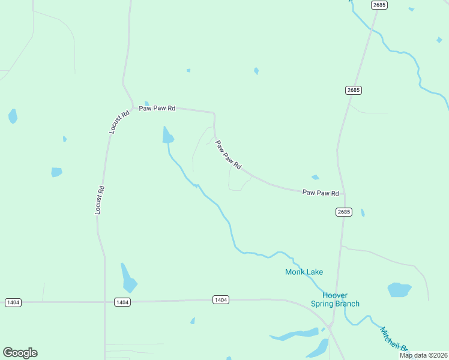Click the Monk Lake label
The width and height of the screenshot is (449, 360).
pyautogui.click(x=304, y=272)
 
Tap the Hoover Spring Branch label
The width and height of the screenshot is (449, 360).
pyautogui.click(x=335, y=299)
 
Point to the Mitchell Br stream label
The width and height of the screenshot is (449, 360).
pyautogui.click(x=393, y=340)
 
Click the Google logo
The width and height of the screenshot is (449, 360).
pyautogui.click(x=20, y=353)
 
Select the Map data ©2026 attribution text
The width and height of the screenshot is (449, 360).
pyautogui.click(x=423, y=355)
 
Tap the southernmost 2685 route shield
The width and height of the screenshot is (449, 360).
pyautogui.click(x=344, y=212)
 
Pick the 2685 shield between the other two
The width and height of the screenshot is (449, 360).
pyautogui.click(x=354, y=90)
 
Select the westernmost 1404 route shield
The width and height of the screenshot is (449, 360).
pyautogui.click(x=13, y=302)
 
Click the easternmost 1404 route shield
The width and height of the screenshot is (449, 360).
pyautogui.click(x=220, y=299)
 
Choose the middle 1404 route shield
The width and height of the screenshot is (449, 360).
pyautogui.click(x=122, y=302)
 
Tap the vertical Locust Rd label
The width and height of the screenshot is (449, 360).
pyautogui.click(x=100, y=200)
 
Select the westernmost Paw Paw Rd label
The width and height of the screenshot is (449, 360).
pyautogui.click(x=157, y=109)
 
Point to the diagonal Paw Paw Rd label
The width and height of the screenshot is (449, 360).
pyautogui.click(x=228, y=154)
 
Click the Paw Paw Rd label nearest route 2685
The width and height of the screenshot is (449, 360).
pyautogui.click(x=321, y=193)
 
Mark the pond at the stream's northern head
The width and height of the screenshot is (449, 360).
pyautogui.click(x=167, y=136)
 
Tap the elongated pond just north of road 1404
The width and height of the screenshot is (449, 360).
pyautogui.click(x=128, y=278)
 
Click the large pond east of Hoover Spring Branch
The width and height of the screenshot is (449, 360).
pyautogui.click(x=399, y=290)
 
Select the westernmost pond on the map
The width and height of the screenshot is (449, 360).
pyautogui.click(x=13, y=116)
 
